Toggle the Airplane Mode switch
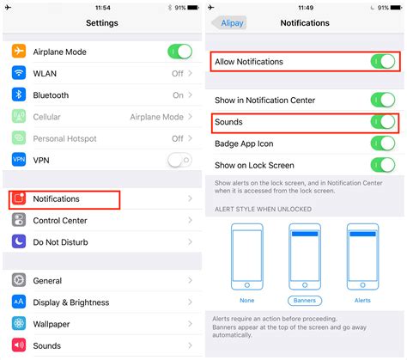(x=179, y=52)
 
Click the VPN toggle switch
(x=179, y=159)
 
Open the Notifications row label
(x=56, y=199)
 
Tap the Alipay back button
(x=228, y=23)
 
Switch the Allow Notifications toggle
(x=382, y=62)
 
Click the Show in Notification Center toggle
(x=382, y=101)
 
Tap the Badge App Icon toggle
(x=382, y=144)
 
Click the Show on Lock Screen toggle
(x=382, y=166)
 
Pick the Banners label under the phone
(x=304, y=301)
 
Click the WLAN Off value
(x=177, y=74)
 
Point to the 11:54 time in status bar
(x=101, y=7)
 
